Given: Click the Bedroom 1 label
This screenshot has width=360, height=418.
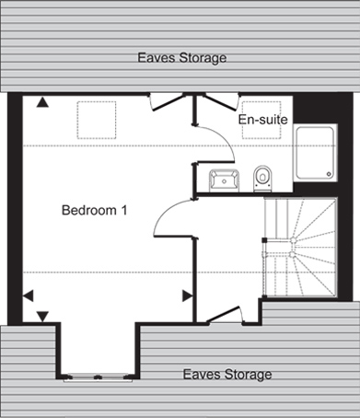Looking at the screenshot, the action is [x=94, y=210].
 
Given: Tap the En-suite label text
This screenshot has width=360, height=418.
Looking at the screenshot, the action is [x=263, y=120].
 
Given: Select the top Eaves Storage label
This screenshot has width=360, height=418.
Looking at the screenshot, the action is [x=182, y=58].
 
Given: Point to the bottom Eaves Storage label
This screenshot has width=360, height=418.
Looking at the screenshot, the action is [x=227, y=375].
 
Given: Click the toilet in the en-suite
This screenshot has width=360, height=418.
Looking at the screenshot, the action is [x=262, y=179].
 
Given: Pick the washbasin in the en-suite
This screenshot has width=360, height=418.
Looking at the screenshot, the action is [x=224, y=180].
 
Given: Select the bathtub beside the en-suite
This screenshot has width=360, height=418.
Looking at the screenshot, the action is [x=315, y=153].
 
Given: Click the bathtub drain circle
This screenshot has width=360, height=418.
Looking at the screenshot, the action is [x=330, y=174].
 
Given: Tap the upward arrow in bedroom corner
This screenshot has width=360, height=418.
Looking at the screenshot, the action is [x=42, y=102].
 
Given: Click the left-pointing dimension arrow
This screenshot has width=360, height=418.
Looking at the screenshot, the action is [x=29, y=296].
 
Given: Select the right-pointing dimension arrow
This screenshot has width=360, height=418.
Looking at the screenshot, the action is [x=188, y=296].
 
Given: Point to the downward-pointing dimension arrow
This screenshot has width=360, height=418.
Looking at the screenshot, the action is [x=42, y=317].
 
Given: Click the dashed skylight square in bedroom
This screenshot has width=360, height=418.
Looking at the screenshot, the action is [x=97, y=120].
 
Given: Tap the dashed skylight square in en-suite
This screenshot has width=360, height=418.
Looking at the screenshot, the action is [x=261, y=120].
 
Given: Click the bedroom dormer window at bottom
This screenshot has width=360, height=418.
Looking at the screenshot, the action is [x=98, y=377].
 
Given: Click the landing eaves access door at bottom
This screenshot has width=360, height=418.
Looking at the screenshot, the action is [x=226, y=315].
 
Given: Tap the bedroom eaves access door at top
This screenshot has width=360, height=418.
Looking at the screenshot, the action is [x=168, y=102].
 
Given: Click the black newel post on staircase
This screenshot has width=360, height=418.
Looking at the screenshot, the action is [x=263, y=240].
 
